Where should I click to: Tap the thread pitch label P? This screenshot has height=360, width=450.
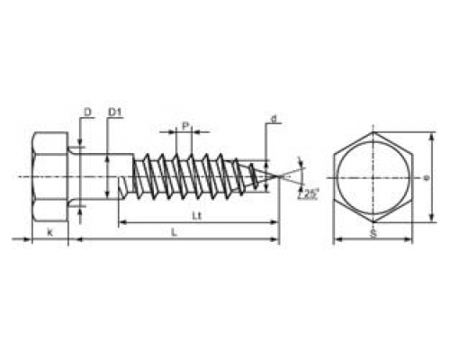point(185,127)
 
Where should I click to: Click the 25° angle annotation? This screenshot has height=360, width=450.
point(310,193)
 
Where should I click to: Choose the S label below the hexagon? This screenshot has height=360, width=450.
point(372,233)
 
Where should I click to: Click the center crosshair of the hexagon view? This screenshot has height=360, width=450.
point(372,178)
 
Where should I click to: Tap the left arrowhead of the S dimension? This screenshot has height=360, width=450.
point(337,240)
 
